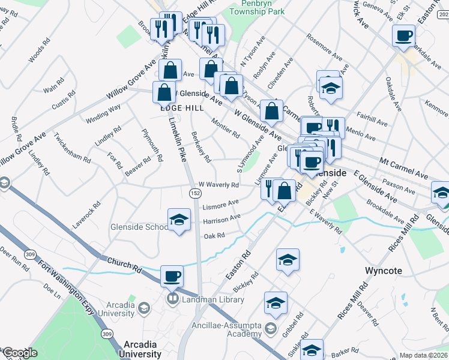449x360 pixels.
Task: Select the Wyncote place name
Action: pos(383,271)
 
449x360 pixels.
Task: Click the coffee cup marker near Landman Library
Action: pos(172,276)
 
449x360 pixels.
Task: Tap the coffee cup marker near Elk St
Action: pos(403,35)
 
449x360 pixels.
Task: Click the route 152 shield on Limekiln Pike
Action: pos(195,193)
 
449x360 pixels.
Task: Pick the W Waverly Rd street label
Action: pos(214,185)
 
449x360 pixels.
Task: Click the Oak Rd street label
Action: pos(214,236)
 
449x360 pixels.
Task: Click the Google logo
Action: pos(20,353)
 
